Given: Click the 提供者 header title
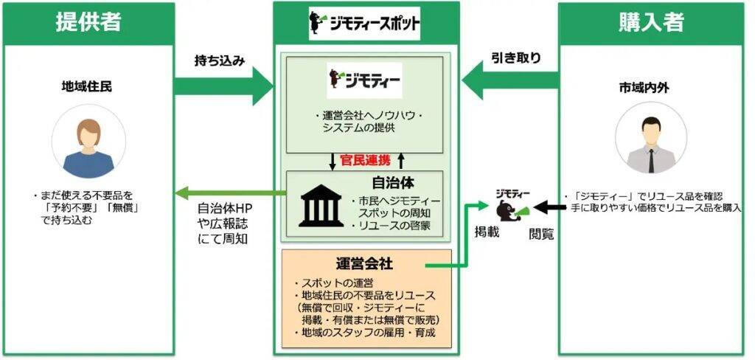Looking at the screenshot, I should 88,23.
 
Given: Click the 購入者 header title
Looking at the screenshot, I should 651,23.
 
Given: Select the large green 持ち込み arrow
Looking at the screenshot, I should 221,87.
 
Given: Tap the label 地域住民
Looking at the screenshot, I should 87,87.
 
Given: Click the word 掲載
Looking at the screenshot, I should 487,233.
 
